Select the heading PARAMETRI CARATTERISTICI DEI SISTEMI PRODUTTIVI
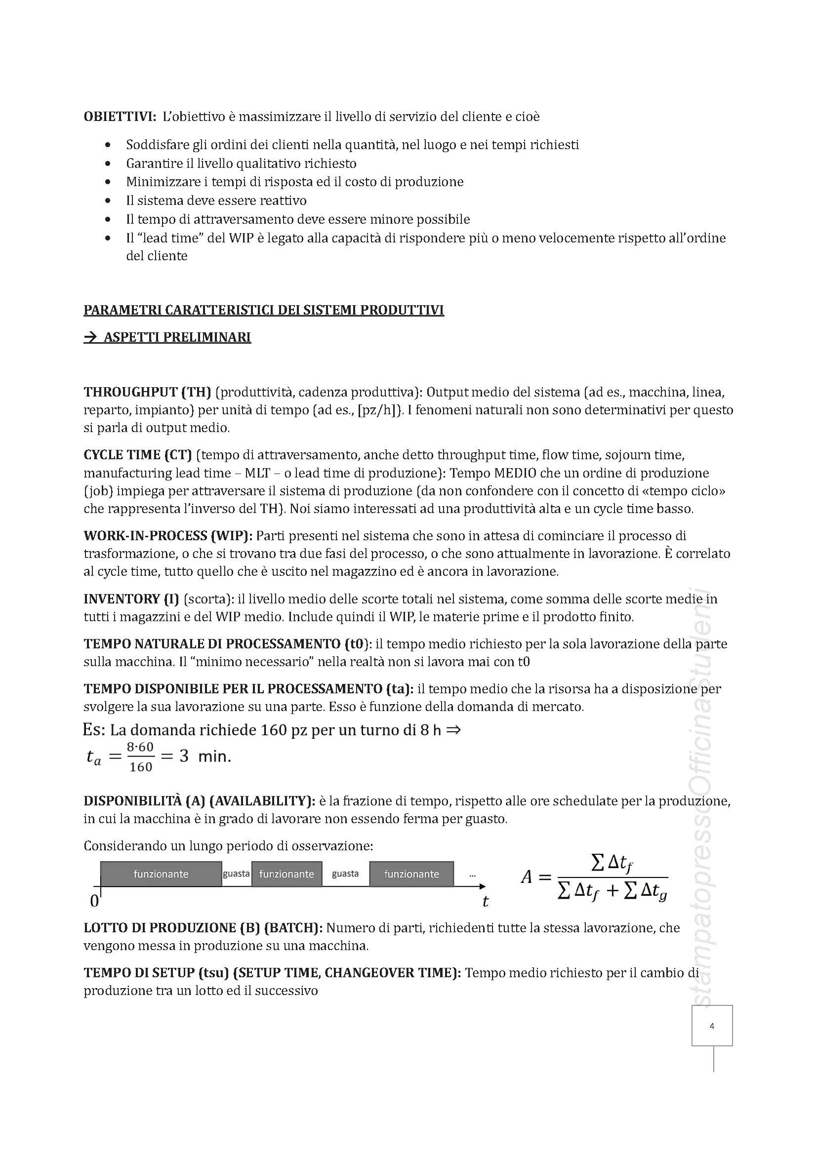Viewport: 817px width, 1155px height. click(264, 310)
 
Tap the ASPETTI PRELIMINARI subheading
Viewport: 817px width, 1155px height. click(167, 337)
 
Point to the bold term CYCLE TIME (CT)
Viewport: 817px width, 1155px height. click(137, 455)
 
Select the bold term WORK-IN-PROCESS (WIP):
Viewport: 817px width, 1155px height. click(168, 535)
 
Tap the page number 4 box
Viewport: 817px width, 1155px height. click(711, 1026)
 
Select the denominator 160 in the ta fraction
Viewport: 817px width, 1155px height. click(140, 767)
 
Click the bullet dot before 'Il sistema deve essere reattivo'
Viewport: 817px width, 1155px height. click(108, 200)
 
